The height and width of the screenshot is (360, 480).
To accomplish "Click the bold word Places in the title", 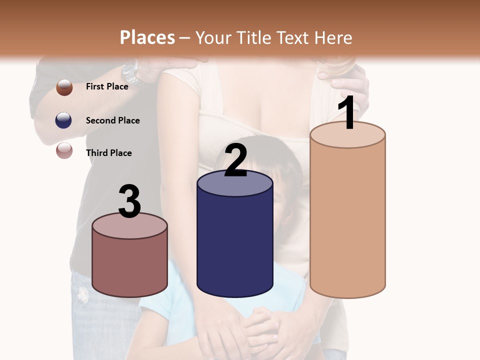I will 147,37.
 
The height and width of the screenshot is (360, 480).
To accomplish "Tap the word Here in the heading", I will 333,37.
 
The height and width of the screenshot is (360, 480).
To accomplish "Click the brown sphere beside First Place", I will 64,87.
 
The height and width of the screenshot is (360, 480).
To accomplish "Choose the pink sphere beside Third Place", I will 64,150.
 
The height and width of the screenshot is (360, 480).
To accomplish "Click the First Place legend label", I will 107,86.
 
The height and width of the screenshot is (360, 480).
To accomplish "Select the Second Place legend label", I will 112,120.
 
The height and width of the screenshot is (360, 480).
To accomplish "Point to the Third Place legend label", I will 108,153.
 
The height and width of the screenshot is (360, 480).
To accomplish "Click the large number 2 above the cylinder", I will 235,160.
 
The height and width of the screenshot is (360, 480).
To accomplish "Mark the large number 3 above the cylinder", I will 130,201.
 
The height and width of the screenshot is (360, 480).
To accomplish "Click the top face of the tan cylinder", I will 347,135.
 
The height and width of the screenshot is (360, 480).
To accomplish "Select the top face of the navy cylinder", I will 235,183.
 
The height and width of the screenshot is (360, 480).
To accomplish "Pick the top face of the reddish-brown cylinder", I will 130,226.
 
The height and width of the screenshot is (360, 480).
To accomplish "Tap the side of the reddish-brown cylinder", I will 130,265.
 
